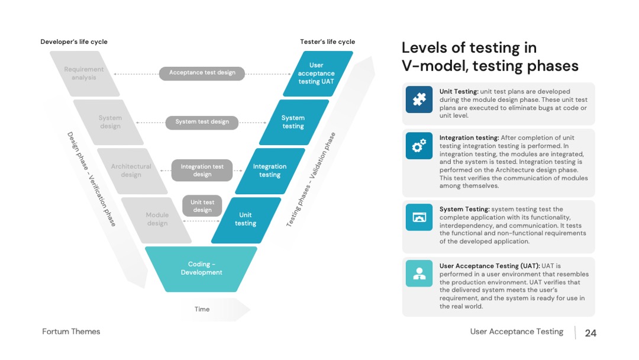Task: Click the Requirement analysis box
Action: click(85, 73)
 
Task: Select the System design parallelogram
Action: click(108, 122)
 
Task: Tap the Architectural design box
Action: click(132, 171)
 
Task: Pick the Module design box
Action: click(156, 220)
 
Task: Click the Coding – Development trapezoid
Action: click(201, 269)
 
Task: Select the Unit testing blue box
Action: click(246, 220)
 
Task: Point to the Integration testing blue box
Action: click(270, 171)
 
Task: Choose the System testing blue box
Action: click(294, 122)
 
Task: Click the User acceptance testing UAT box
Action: click(318, 73)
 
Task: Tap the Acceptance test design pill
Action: click(202, 73)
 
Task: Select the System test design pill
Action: click(202, 123)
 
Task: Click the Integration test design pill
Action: click(202, 171)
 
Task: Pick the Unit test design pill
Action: click(202, 206)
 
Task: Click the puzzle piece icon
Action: click(419, 99)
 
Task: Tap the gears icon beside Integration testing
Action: click(419, 146)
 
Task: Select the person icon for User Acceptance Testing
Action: click(419, 274)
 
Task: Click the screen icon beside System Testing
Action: click(419, 217)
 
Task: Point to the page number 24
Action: click(590, 333)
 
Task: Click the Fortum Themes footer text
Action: click(71, 332)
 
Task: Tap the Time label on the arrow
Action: click(202, 309)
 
